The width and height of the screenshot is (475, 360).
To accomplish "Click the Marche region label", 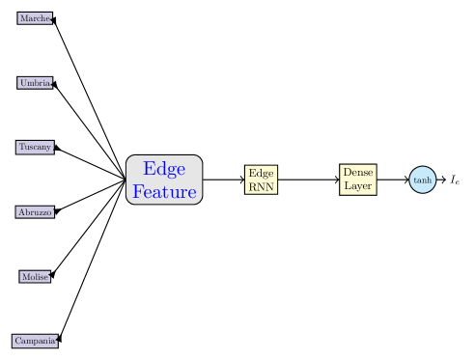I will (35, 18).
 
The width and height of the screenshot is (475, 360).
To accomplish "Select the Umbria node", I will (35, 83).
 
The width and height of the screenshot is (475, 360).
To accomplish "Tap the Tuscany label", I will (35, 147).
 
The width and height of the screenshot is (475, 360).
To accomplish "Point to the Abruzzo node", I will (35, 212).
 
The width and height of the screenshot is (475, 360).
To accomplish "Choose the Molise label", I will (35, 277).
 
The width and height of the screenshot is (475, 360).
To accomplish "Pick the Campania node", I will (35, 341).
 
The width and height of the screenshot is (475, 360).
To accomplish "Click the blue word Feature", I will (164, 191).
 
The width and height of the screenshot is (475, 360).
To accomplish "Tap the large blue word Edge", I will (164, 169).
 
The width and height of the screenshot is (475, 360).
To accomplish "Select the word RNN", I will (262, 187).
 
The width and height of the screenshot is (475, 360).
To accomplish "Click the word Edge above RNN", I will (262, 173).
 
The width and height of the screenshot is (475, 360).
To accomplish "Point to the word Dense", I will (357, 172).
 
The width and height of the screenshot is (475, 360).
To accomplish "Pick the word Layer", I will (357, 186).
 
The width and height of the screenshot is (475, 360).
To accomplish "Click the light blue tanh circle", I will (422, 180).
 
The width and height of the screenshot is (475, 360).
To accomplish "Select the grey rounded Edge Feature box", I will (164, 180).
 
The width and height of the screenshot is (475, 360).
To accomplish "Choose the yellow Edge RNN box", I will (262, 180).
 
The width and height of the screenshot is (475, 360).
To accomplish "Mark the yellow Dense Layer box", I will (357, 180).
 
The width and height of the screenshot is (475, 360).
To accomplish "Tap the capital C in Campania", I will (17, 341).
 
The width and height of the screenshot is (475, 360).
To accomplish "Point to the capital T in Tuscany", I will (21, 147).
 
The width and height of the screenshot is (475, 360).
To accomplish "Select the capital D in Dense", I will (346, 172).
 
